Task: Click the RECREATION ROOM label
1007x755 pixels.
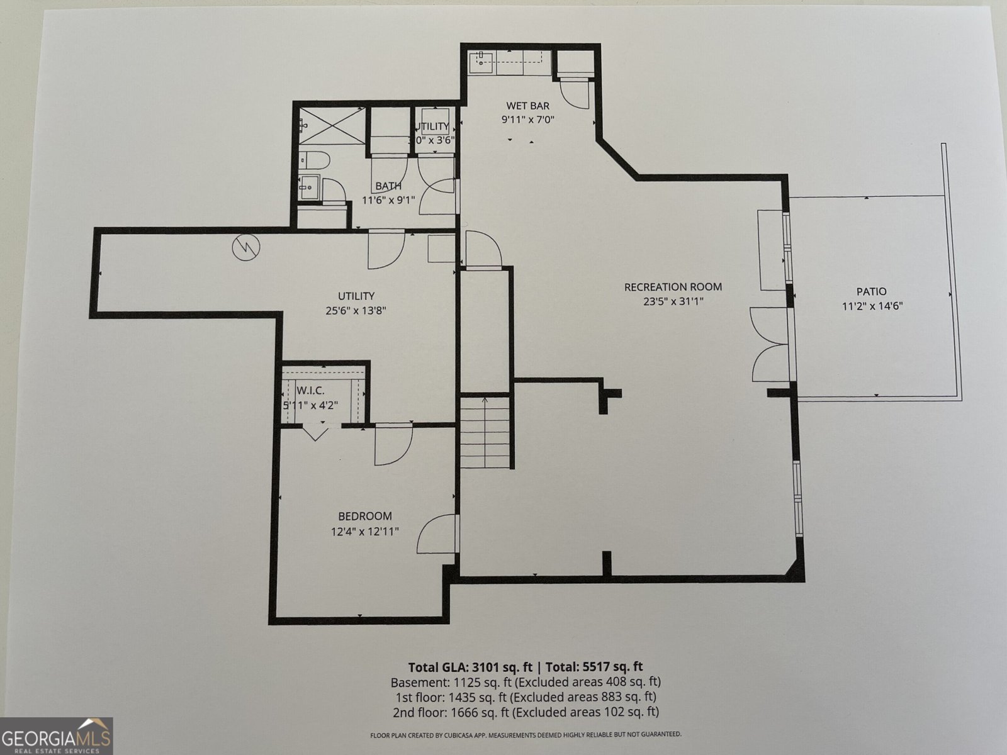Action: pyautogui.click(x=673, y=287)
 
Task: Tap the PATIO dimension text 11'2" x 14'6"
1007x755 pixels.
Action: pyautogui.click(x=872, y=307)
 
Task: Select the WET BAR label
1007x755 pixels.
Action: pyautogui.click(x=527, y=106)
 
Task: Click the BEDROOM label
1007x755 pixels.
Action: pyautogui.click(x=364, y=516)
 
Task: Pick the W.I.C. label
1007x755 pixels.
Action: pyautogui.click(x=310, y=391)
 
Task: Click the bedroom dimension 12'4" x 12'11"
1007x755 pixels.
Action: pyautogui.click(x=364, y=532)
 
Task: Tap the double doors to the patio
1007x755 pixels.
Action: pyautogui.click(x=769, y=344)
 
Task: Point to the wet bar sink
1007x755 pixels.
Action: pyautogui.click(x=481, y=60)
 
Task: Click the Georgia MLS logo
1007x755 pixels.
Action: pyautogui.click(x=57, y=735)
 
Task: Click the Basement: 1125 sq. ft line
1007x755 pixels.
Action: pyautogui.click(x=526, y=682)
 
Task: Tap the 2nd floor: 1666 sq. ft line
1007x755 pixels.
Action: pyautogui.click(x=526, y=712)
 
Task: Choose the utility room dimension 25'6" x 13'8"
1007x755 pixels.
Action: pyautogui.click(x=356, y=310)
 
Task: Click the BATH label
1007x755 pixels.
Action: pyautogui.click(x=388, y=186)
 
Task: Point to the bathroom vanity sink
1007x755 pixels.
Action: pyautogui.click(x=309, y=187)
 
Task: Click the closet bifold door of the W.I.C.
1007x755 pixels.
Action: pyautogui.click(x=314, y=433)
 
